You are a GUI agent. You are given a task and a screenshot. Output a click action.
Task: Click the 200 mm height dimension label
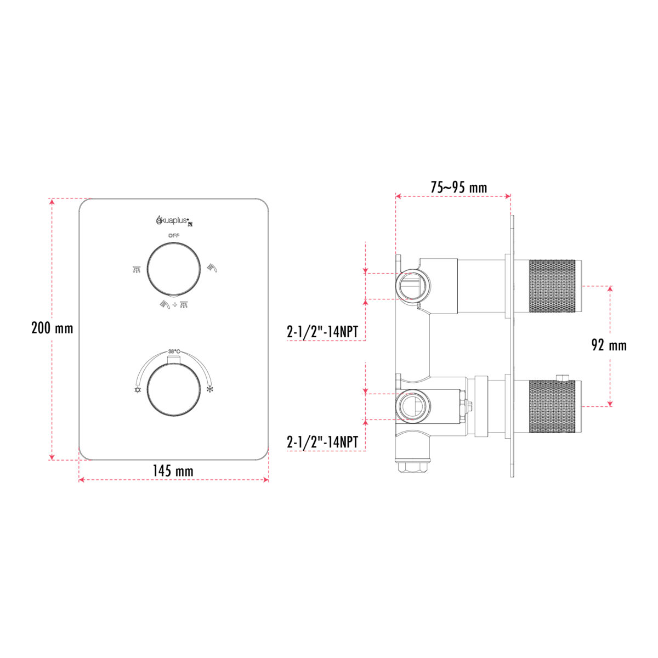pos(52,328)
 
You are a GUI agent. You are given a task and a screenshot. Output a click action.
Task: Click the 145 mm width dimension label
pos(173,471)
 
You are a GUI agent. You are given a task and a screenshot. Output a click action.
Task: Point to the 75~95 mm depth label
pos(458,187)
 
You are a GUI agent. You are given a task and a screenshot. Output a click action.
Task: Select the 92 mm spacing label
pos(609,345)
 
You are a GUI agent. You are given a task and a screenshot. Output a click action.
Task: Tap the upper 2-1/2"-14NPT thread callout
pos(322,332)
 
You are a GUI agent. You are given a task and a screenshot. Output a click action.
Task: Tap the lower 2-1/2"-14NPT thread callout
pos(322,442)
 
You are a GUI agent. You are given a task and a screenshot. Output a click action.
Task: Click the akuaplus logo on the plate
pos(175,220)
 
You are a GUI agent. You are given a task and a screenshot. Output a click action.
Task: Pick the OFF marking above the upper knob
pos(174,236)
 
